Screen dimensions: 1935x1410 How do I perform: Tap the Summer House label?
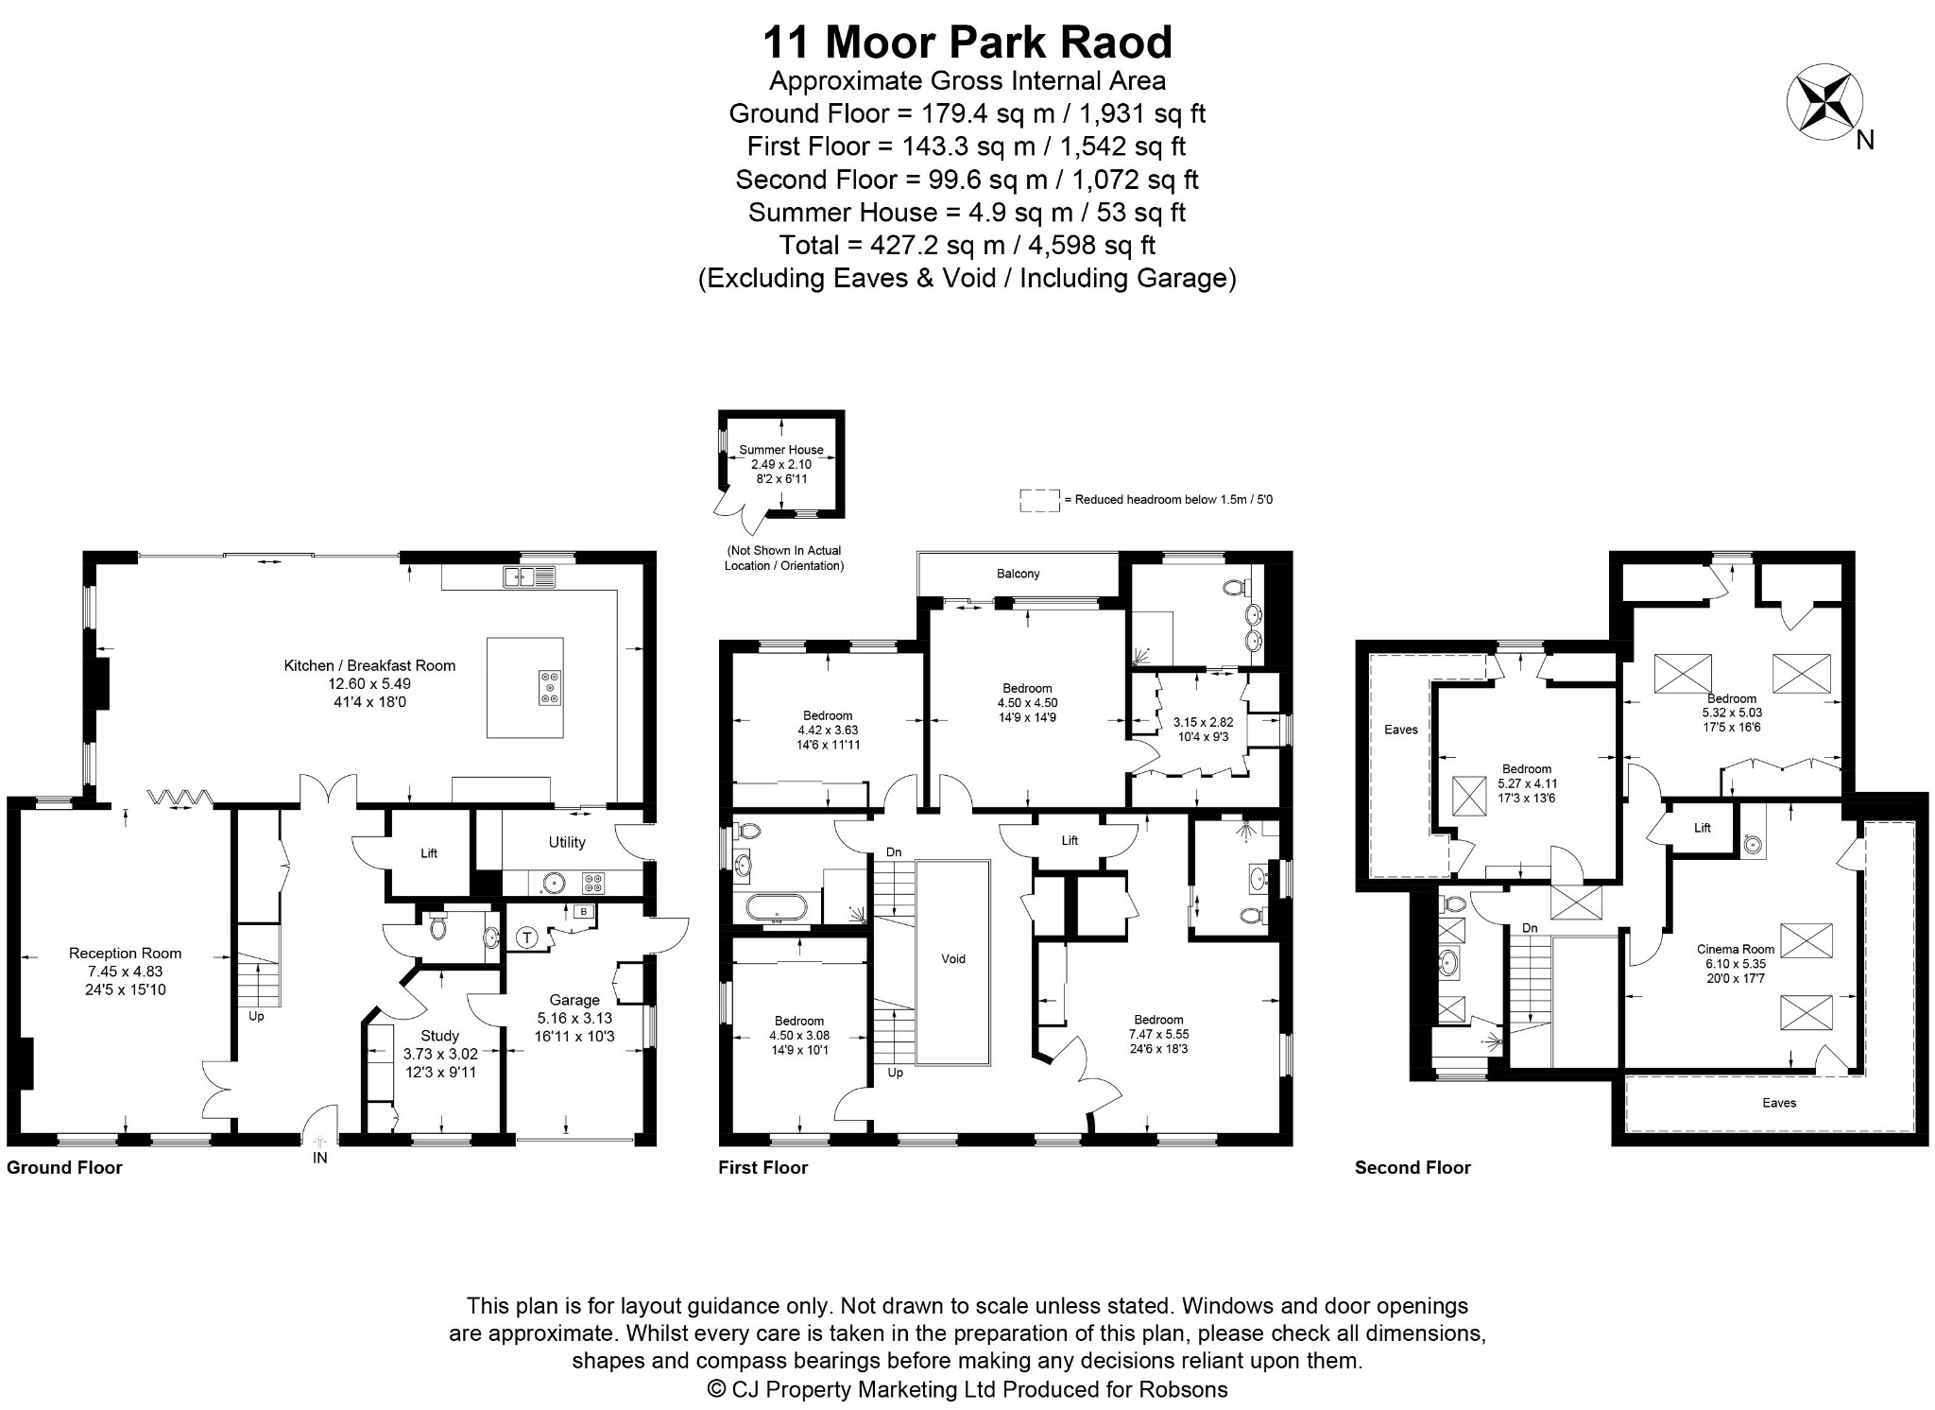pyautogui.click(x=781, y=450)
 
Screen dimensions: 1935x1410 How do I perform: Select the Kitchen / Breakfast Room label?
pyautogui.click(x=369, y=665)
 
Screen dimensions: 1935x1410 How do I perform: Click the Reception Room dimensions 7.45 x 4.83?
pyautogui.click(x=126, y=971)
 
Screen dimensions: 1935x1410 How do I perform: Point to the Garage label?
pyautogui.click(x=574, y=1000)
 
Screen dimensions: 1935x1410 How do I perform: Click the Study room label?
pyautogui.click(x=439, y=1036)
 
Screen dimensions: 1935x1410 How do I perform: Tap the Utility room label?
pyautogui.click(x=567, y=842)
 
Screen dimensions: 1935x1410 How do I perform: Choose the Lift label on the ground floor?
pyautogui.click(x=429, y=853)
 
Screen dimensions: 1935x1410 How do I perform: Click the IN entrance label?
pyautogui.click(x=320, y=1158)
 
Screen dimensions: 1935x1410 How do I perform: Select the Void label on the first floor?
pyautogui.click(x=953, y=959)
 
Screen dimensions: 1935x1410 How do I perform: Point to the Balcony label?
pyautogui.click(x=1019, y=574)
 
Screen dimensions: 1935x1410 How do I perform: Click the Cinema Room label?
pyautogui.click(x=1736, y=950)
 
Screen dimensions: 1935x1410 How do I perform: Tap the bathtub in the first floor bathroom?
pyautogui.click(x=777, y=908)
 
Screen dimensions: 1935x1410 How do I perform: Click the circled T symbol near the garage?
pyautogui.click(x=527, y=938)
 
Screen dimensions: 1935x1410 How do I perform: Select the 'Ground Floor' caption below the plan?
pyautogui.click(x=64, y=1167)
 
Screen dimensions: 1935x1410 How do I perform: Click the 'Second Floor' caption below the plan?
pyautogui.click(x=1413, y=1167)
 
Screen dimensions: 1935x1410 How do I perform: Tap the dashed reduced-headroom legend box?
pyautogui.click(x=1039, y=501)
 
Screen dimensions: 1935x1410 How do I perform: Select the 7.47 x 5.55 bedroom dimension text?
pyautogui.click(x=1158, y=1034)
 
